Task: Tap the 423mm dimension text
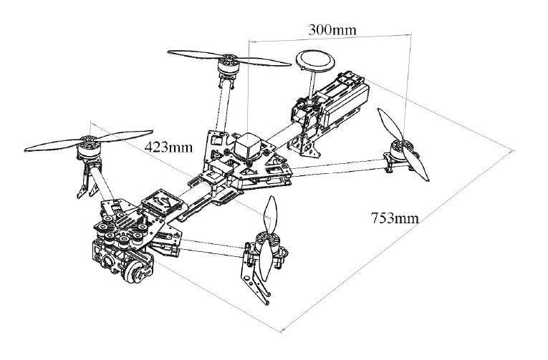click(169, 147)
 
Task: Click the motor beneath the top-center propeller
click(229, 69)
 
